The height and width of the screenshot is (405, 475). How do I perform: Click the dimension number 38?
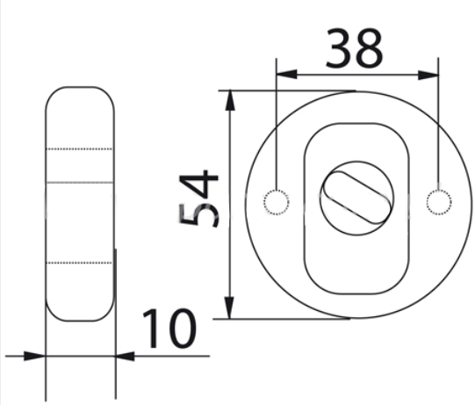pos(355,48)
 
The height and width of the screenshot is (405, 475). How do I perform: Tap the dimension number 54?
pos(198,199)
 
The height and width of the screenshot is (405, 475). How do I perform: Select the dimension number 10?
pos(169,329)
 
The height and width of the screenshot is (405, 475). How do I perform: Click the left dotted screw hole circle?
pos(276,202)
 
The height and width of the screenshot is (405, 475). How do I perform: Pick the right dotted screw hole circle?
pos(439,202)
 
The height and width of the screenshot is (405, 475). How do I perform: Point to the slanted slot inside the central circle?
pos(356,198)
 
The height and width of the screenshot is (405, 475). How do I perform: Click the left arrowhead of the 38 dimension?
pos(286,75)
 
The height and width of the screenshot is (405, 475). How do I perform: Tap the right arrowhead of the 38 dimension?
pos(428,75)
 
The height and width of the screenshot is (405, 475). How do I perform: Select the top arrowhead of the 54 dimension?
pos(230,100)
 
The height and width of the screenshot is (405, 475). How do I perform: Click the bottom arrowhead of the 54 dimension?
pos(229,308)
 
